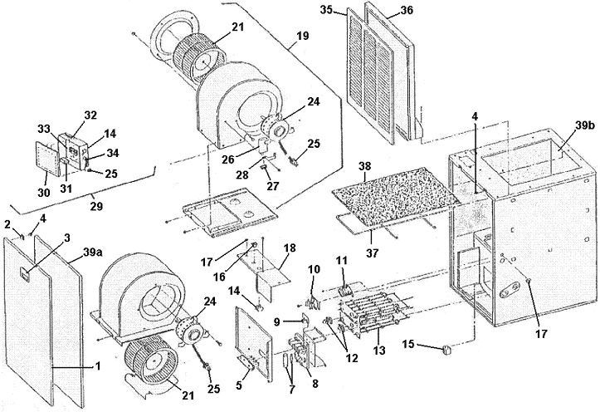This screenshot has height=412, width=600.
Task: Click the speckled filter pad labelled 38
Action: pos(390,199)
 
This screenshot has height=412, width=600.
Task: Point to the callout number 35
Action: pos(328,10)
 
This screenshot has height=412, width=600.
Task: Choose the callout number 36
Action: pos(403,10)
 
